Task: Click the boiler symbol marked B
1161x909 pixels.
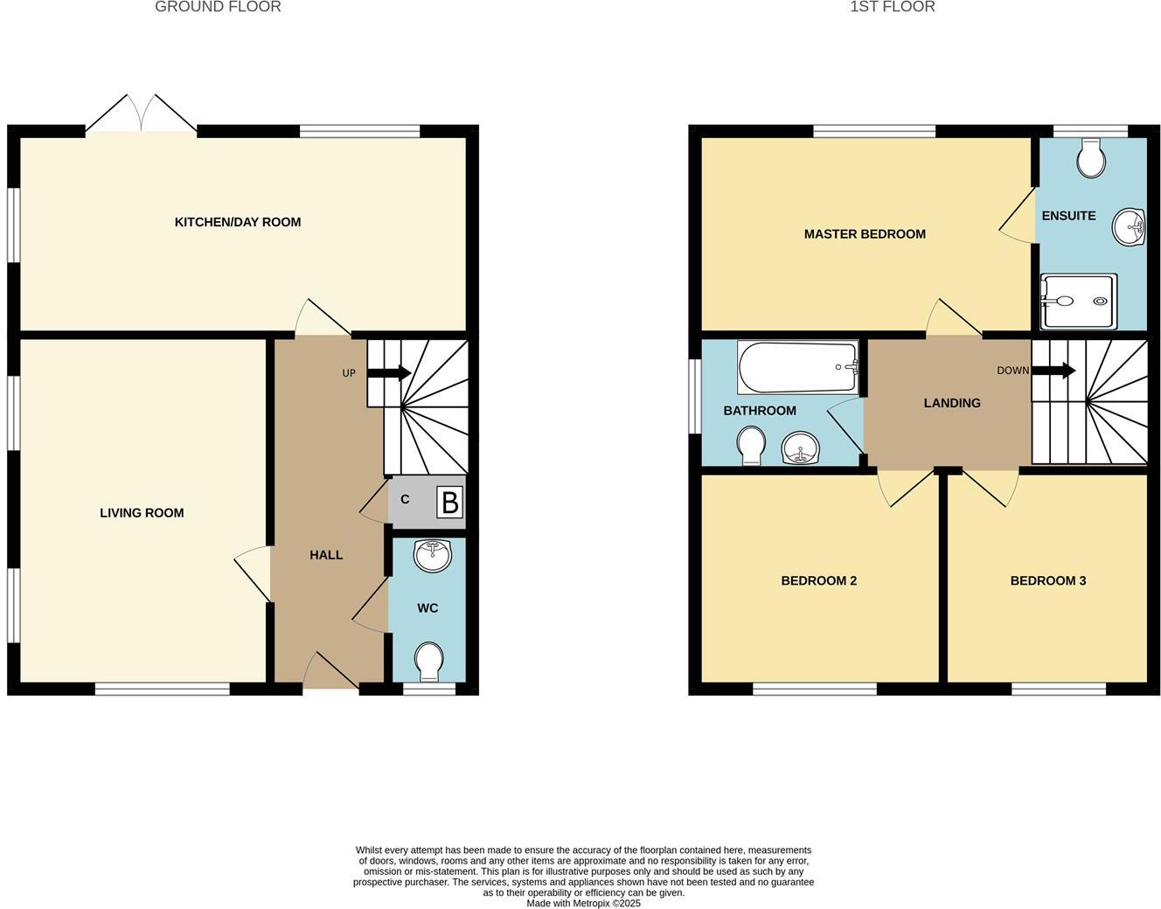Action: (x=449, y=503)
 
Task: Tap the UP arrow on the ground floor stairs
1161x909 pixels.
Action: (x=389, y=373)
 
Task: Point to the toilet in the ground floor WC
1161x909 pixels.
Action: (x=428, y=662)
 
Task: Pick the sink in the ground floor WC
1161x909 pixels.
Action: (x=432, y=555)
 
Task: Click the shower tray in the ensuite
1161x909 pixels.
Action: (x=1078, y=302)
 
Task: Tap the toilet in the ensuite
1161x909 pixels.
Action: (x=1091, y=157)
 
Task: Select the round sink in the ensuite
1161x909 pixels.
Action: (x=1129, y=227)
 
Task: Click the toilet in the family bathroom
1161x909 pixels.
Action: (x=751, y=446)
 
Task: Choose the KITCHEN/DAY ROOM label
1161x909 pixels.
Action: (x=238, y=222)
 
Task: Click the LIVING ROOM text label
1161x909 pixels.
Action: (x=142, y=513)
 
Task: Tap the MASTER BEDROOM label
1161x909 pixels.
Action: (x=865, y=234)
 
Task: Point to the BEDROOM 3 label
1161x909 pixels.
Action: (x=1047, y=580)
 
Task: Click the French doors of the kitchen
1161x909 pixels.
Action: (x=142, y=118)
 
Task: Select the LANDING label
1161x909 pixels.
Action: (x=952, y=403)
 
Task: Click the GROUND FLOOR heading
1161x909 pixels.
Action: (x=218, y=7)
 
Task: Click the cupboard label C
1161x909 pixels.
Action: (x=405, y=500)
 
